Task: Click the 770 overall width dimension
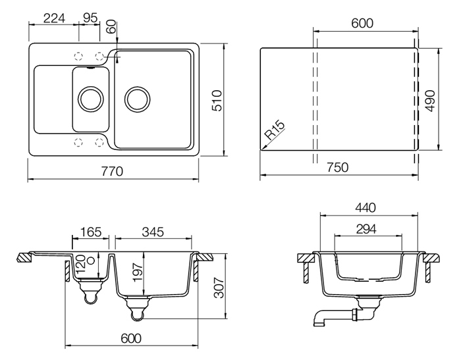[x=112, y=171]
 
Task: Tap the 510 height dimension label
[x=217, y=101]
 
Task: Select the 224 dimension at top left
[x=54, y=18]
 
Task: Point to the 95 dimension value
[x=90, y=18]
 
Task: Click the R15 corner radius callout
[x=275, y=130]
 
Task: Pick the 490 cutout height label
[x=430, y=101]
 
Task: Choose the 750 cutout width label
[x=337, y=167]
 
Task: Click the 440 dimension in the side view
[x=366, y=208]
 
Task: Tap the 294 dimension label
[x=366, y=229]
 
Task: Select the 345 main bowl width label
[x=153, y=232]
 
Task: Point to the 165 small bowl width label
[x=91, y=232]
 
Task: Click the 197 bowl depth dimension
[x=138, y=272]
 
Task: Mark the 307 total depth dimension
[x=219, y=288]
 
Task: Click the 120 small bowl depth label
[x=80, y=264]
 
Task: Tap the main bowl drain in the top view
[x=137, y=99]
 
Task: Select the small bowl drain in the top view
[x=91, y=99]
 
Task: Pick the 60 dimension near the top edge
[x=112, y=27]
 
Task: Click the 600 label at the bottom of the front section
[x=131, y=338]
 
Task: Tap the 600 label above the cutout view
[x=362, y=23]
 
